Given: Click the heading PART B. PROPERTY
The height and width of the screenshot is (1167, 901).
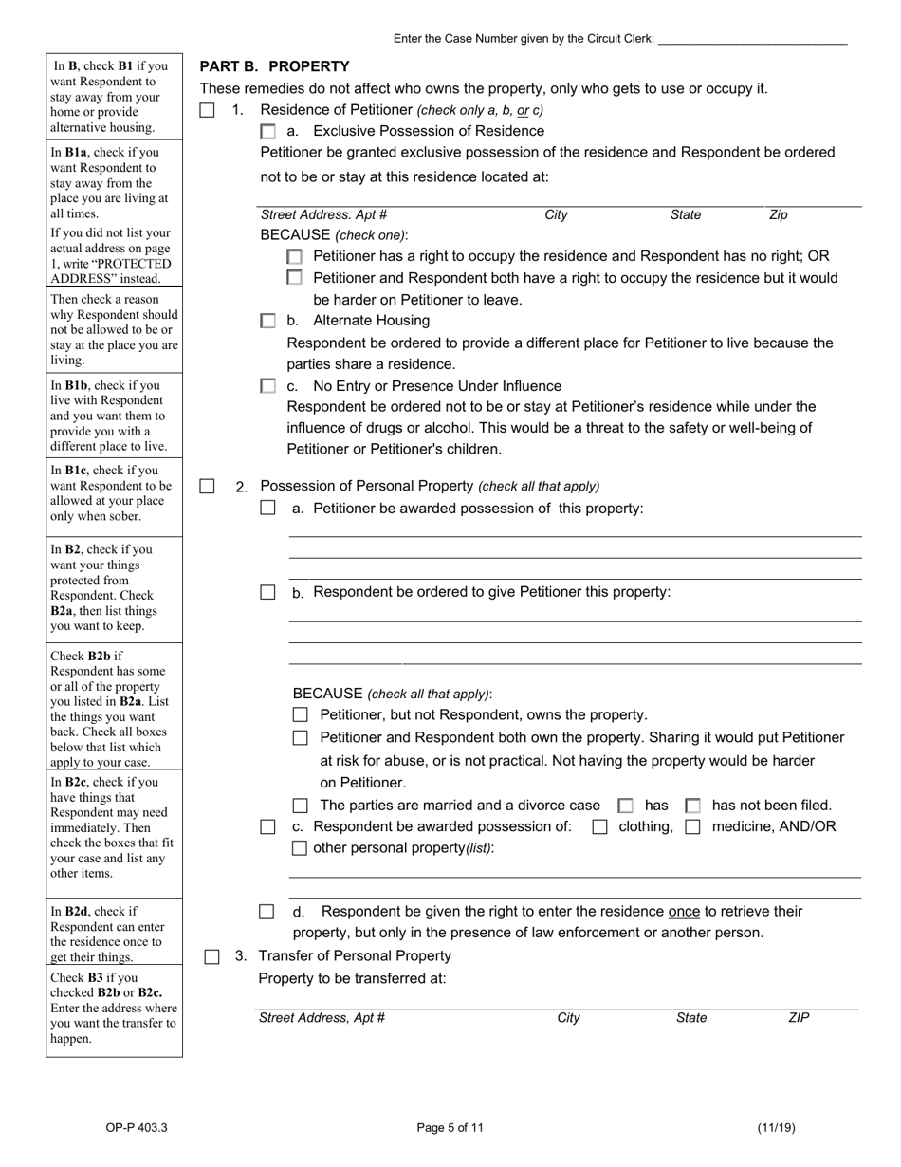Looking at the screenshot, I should [274, 66].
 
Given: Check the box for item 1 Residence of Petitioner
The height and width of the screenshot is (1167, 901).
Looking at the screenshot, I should [207, 110].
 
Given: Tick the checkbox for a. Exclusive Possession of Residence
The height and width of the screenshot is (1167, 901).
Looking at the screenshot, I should [268, 132].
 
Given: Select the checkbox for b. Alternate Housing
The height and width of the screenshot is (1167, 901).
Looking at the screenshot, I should [268, 322].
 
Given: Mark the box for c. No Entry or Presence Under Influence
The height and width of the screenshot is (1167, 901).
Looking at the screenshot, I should [268, 386].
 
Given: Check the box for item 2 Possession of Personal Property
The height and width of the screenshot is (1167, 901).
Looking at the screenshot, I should [207, 486].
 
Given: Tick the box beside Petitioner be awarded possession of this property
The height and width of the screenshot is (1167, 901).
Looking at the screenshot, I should [268, 509].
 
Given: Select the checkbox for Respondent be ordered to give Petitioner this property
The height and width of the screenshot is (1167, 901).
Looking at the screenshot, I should [268, 592].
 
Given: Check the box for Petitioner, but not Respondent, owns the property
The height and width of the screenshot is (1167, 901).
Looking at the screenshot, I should [301, 715].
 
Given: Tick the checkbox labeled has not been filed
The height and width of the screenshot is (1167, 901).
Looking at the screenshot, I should [693, 806].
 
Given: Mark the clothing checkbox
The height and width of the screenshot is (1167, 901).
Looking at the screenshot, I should [599, 827].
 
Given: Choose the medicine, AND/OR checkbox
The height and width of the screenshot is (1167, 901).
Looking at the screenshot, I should [693, 827].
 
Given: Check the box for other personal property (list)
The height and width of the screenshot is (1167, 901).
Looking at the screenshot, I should [301, 848].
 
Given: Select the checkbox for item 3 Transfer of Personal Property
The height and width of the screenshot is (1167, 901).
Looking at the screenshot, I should [212, 956].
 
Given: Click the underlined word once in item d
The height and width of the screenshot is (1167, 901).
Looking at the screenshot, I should [684, 912].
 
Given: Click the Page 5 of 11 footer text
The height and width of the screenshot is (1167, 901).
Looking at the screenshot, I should [450, 1128].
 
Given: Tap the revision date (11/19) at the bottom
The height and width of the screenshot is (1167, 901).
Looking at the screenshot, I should [776, 1128].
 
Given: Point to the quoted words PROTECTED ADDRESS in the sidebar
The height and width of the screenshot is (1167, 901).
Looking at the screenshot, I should [111, 271].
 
